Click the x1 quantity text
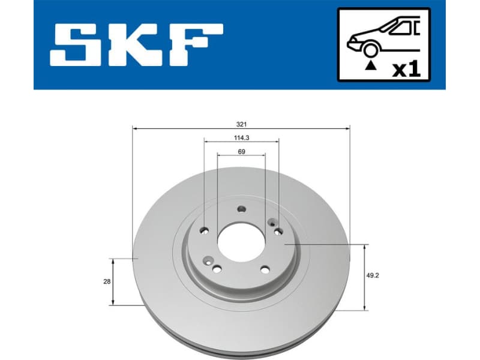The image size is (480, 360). (406, 68)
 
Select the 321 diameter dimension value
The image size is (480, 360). (241, 124)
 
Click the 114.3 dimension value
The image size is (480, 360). (241, 137)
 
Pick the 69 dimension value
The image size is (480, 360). (241, 151)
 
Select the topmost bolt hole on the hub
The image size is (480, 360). (242, 209)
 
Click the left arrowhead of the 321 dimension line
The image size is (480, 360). (134, 128)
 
